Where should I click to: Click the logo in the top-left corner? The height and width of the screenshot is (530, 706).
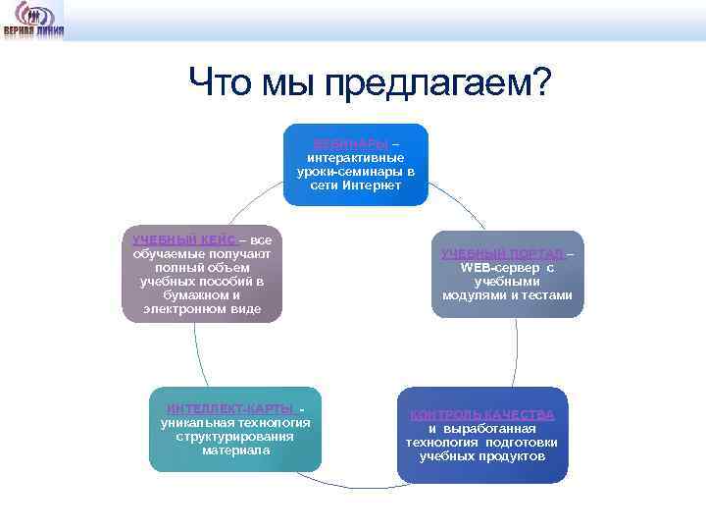tap(33, 19)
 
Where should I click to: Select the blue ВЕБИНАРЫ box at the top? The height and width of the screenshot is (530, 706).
tap(356, 164)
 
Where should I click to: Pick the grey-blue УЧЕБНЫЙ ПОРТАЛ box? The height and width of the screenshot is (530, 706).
tap(507, 274)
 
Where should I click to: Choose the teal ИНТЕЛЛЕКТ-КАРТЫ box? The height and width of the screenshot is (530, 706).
tap(235, 429)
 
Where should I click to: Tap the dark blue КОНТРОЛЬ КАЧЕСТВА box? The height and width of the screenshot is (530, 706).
tap(481, 435)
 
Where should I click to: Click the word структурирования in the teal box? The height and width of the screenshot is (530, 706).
tap(235, 437)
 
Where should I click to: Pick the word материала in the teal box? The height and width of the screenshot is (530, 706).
tap(235, 450)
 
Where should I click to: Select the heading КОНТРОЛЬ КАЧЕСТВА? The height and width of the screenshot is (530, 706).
tap(481, 414)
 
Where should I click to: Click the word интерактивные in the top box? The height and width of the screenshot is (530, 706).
tap(356, 157)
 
